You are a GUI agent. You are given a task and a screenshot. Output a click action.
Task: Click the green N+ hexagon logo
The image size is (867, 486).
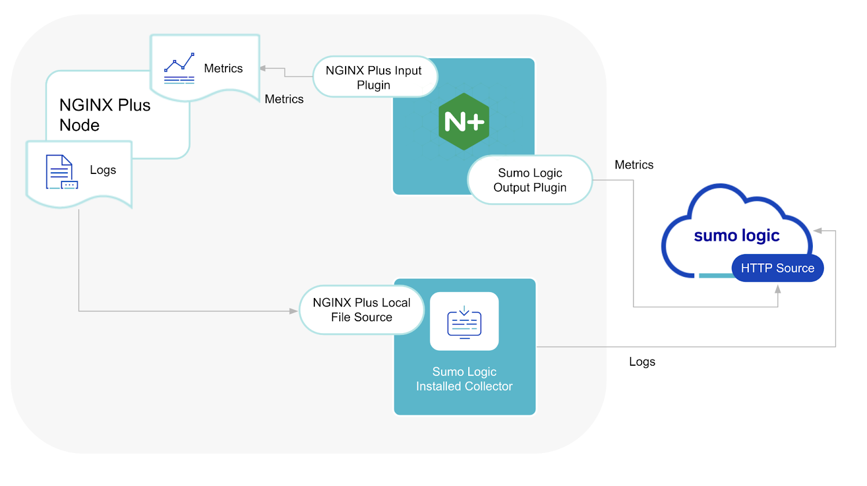coord(464,121)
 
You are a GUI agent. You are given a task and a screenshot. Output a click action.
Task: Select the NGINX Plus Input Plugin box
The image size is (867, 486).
coord(374,77)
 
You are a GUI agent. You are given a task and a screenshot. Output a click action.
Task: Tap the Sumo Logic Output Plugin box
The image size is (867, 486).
coord(530,180)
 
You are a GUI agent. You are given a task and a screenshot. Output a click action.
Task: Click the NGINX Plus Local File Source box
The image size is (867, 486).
coord(361,310)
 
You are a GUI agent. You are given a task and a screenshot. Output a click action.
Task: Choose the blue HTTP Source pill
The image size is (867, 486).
coord(777,268)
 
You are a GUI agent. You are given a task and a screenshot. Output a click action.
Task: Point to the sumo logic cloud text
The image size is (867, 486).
coord(736,236)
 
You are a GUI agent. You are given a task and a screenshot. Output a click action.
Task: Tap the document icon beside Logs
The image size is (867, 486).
coord(61,172)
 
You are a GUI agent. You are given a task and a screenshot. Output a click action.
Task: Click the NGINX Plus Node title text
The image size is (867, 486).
coord(105,115)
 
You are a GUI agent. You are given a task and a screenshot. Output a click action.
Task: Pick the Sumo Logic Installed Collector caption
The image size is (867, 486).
coord(464,379)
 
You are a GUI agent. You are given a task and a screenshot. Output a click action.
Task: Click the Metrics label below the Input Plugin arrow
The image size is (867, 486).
coord(284,99)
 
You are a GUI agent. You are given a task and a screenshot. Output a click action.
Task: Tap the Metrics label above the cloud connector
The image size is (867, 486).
coord(634,165)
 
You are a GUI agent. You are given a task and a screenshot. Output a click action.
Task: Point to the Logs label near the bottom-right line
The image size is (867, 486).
coord(642,361)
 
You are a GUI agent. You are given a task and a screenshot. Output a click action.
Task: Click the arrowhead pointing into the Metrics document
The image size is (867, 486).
coord(263,68)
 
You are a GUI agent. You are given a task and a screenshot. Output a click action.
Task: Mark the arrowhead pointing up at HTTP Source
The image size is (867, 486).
coord(778,289)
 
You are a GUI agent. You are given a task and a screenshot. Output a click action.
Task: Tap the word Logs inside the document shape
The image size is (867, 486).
coord(103,170)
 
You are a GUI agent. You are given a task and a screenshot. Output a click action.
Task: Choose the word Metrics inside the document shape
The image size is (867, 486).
coord(223,68)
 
